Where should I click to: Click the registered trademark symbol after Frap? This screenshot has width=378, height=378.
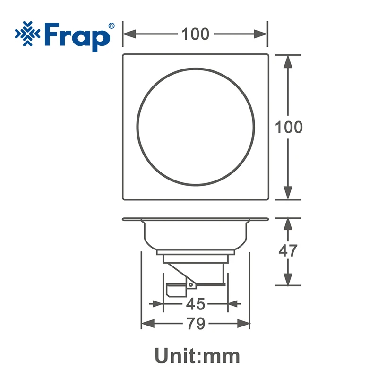click(111, 26)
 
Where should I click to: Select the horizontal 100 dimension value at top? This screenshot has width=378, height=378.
click(195, 34)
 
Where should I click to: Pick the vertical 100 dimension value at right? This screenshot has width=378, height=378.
click(289, 127)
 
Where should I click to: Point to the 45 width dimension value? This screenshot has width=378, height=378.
click(195, 304)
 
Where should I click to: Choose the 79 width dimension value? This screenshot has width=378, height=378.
click(195, 324)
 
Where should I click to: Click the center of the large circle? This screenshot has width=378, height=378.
click(196, 128)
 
